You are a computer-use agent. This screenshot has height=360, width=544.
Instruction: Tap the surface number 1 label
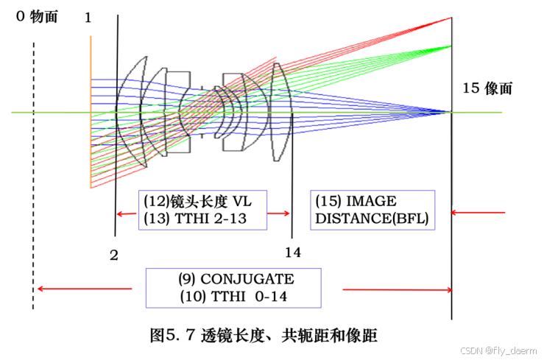coord(88,18)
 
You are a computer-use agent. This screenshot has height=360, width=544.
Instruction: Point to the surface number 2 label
coord(113,255)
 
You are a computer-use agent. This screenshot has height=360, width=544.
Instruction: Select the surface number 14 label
coord(292,253)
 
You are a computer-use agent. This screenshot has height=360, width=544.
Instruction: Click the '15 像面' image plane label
coord(487,89)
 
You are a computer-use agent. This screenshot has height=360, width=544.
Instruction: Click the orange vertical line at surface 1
coord(91,110)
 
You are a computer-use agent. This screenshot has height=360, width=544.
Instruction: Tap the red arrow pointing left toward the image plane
coord(478,213)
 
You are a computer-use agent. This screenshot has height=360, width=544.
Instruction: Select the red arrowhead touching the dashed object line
coord(40,289)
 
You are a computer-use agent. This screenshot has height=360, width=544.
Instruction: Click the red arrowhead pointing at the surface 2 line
coord(122,214)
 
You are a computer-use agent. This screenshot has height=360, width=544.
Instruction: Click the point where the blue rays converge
coord(450,112)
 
